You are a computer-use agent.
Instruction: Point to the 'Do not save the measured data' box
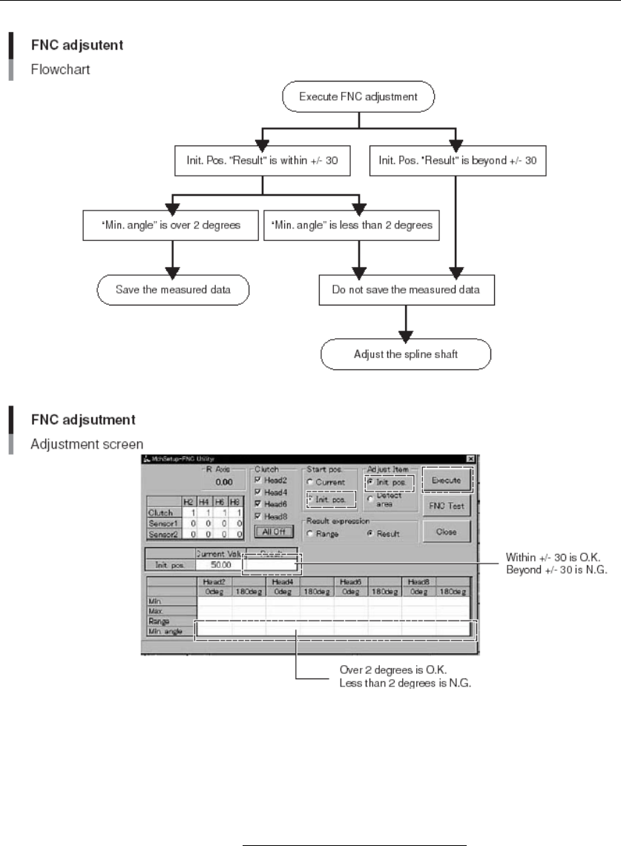click(406, 289)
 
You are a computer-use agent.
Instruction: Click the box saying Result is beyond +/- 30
click(459, 159)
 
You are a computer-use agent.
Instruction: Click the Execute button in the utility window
click(446, 480)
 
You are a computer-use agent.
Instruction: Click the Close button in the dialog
click(446, 532)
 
